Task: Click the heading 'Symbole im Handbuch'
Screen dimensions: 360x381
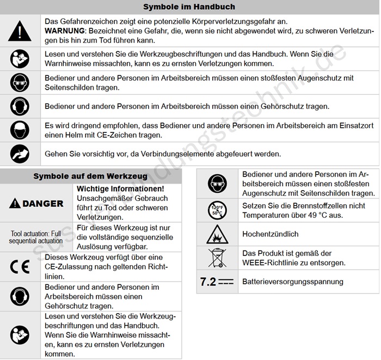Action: tap(189, 7)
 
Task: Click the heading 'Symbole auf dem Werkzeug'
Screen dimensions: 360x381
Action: tap(90, 176)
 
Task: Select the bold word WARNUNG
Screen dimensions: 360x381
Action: tap(65, 31)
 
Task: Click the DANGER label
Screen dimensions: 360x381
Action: tap(36, 204)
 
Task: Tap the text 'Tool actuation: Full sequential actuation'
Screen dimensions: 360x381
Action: tap(36, 237)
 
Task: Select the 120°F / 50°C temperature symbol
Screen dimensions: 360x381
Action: tap(217, 210)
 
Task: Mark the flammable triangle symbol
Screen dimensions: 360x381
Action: tap(217, 234)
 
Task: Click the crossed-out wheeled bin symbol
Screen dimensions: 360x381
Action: tap(217, 258)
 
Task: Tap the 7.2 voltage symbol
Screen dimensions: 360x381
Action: tap(217, 282)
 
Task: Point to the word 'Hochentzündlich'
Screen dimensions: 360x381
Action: tap(271, 234)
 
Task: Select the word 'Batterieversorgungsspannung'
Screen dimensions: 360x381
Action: tap(293, 282)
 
